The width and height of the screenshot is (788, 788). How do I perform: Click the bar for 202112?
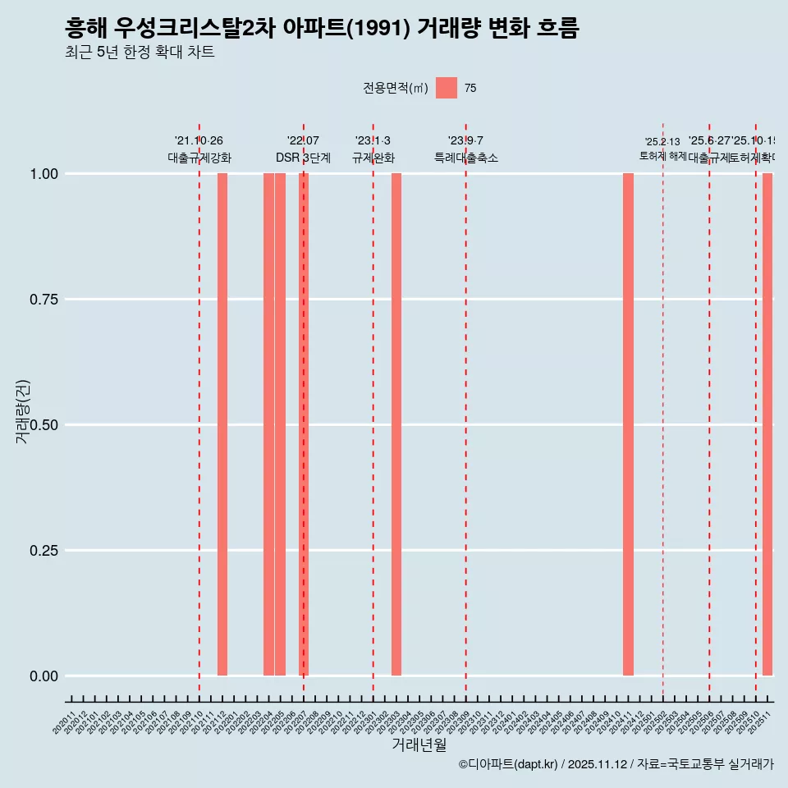(x=222, y=424)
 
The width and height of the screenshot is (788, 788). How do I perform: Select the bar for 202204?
(x=268, y=424)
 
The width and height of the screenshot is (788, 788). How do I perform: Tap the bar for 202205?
(x=280, y=424)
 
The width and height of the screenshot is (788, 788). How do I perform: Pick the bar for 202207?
(x=303, y=424)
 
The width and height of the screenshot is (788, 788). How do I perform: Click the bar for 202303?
(x=396, y=424)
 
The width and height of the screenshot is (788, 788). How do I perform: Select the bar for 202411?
(x=628, y=424)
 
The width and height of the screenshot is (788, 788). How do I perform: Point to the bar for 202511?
(x=767, y=424)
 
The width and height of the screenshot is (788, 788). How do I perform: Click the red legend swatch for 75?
(x=446, y=88)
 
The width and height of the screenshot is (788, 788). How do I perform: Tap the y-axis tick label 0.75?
(x=43, y=300)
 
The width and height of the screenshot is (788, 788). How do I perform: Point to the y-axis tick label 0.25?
(x=43, y=551)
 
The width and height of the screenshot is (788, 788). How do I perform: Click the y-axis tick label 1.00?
(x=43, y=174)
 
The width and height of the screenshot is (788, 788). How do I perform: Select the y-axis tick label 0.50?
(x=43, y=425)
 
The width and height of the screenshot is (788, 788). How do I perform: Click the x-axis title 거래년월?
(x=419, y=745)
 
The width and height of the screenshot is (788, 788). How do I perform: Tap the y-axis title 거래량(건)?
(x=22, y=411)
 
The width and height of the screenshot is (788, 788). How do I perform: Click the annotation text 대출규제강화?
(x=199, y=158)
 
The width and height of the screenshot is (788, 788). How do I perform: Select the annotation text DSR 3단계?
(x=303, y=158)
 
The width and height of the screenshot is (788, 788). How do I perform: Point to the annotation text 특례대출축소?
(x=466, y=158)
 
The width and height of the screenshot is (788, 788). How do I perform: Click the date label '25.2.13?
(x=662, y=142)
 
